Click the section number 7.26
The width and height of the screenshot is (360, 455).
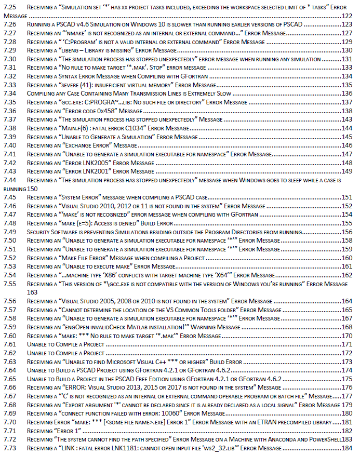[x=9, y=24]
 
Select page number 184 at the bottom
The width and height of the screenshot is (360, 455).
[x=348, y=448]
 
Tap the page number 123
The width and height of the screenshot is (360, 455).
[x=348, y=24]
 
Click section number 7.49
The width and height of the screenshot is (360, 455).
[x=9, y=232]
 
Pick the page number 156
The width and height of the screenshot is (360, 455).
[x=348, y=232]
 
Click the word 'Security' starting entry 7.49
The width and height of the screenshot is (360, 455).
[x=40, y=232]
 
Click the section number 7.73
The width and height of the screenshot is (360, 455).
[x=9, y=448]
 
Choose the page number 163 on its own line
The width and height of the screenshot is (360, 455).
[x=32, y=292]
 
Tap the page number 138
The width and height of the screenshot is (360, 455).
[x=348, y=111]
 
